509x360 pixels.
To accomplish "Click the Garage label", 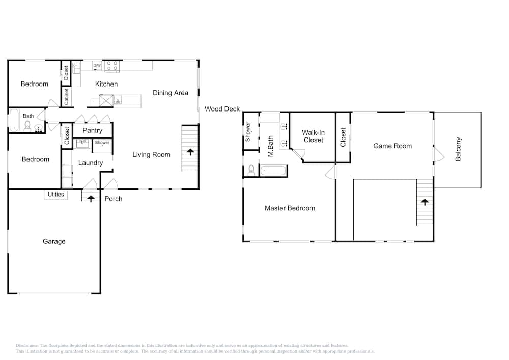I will pos(54,241).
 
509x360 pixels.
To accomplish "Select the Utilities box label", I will pos(56,195).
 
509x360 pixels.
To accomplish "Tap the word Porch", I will pos(114,199).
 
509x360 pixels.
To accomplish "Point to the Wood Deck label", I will pos(222,109).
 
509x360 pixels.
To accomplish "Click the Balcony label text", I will pos(458,149).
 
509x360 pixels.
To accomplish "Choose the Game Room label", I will pos(392,146).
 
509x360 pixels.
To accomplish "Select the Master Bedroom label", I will pos(290,208).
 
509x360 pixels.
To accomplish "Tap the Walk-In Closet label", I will pos(313,136).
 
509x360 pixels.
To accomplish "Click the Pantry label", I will pos(93,130).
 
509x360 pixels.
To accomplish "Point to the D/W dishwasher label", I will pos(97,66).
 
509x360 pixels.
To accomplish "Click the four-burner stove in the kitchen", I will pos(112,66).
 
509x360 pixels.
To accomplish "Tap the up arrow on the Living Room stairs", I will pos(190,152).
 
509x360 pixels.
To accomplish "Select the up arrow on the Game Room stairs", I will pos(425,202).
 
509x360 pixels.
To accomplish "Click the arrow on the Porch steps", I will pos(91,198).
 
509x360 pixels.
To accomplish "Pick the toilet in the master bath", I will pos(251,171).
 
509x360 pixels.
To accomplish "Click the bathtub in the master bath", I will pos(274,171).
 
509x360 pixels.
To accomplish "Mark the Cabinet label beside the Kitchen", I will pos(67,97).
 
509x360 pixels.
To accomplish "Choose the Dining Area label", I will pos(171,93).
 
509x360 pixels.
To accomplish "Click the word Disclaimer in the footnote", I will pos(27,345).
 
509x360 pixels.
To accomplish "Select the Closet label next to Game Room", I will pos(343,137).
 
